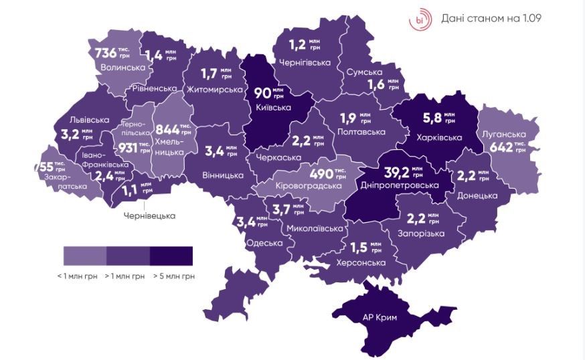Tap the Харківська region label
439,138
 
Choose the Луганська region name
502,133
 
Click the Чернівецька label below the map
149,215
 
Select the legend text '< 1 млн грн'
78,275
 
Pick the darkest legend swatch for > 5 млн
171,255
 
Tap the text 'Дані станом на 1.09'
491,18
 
